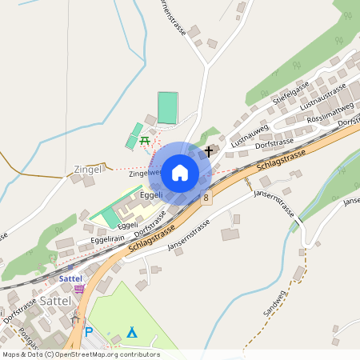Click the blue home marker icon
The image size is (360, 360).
[x=180, y=172]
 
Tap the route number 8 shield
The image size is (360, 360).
[x=206, y=197]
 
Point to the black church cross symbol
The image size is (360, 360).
[x=210, y=150]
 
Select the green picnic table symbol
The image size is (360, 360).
[x=145, y=141]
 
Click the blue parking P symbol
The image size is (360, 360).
[x=89, y=332]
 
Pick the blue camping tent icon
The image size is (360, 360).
[x=132, y=331]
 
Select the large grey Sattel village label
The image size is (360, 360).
[x=55, y=302]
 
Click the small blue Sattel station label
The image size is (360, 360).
[x=70, y=278]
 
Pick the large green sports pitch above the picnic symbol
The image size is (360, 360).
[x=167, y=108]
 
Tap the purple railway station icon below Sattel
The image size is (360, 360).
[x=78, y=289]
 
